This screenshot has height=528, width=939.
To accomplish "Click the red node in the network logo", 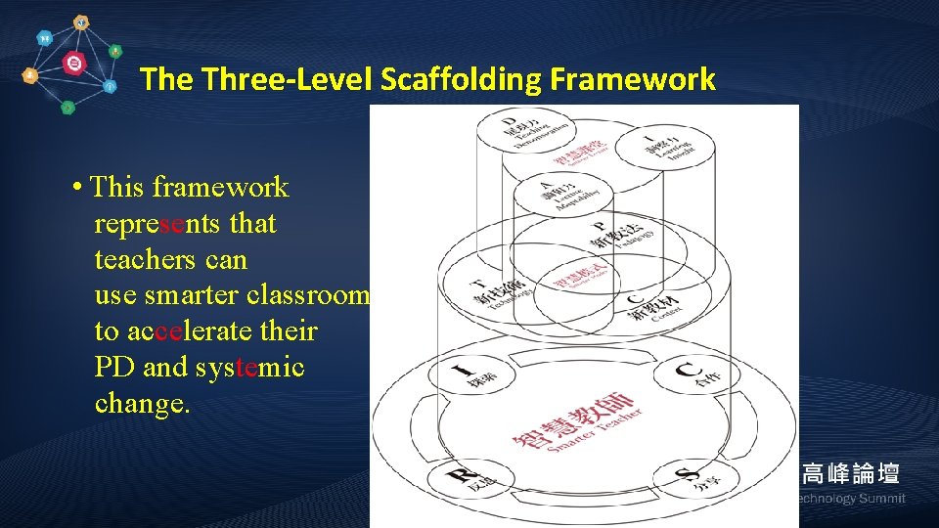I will click(x=73, y=64).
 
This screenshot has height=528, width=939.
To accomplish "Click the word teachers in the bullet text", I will click(x=143, y=260).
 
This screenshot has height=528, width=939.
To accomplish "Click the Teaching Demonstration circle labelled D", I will click(x=519, y=133).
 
